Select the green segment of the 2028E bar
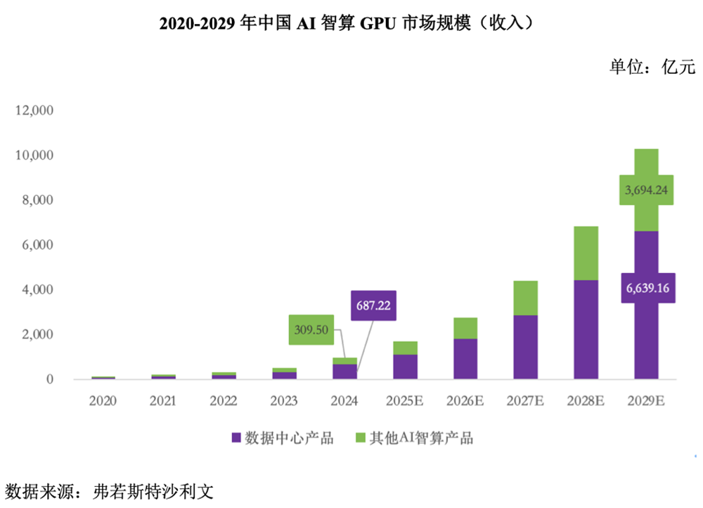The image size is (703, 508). tap(586, 253)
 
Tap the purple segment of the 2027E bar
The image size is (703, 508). tap(525, 348)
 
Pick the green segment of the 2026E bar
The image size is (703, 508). tap(465, 328)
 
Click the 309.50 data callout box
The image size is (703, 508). tap(311, 329)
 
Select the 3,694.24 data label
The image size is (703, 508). tap(646, 190)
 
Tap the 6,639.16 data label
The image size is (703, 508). tap(646, 288)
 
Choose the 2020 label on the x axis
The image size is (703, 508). tap(103, 401)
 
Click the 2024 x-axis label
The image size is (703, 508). tap(344, 401)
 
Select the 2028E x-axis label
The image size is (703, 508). tap(586, 401)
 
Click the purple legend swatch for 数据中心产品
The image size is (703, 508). tap(236, 438)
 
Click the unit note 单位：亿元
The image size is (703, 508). tap(651, 68)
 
